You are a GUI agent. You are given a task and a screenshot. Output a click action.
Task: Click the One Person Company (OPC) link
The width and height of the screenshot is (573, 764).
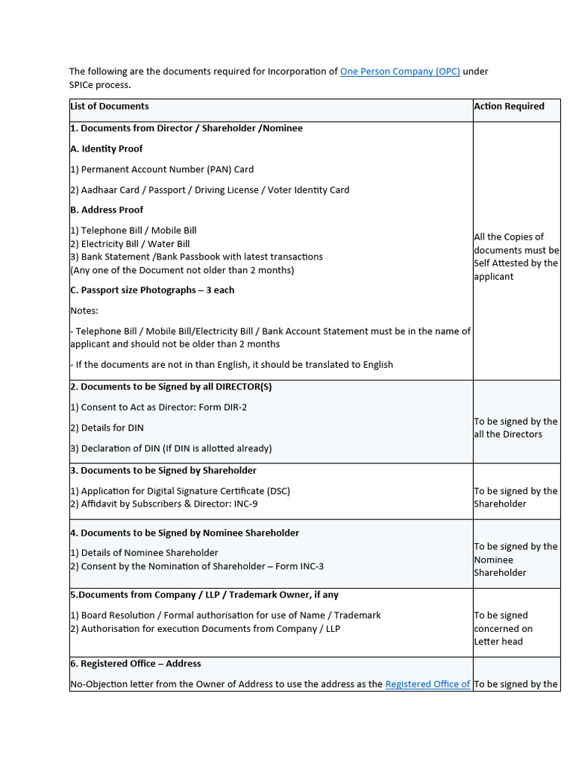400,72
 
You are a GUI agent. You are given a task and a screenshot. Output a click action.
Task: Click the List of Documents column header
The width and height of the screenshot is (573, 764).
110,107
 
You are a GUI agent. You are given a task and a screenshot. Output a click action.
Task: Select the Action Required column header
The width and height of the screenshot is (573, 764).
509,107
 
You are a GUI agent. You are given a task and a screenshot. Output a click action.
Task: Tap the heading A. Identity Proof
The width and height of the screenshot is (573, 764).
107,149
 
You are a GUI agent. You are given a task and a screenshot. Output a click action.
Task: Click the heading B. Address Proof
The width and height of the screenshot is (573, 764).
107,210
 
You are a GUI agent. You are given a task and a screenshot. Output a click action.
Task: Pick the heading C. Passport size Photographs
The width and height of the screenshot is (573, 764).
152,290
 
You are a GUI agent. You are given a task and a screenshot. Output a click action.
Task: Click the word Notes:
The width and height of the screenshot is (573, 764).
84,310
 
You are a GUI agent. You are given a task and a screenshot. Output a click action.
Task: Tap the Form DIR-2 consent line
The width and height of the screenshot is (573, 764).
158,407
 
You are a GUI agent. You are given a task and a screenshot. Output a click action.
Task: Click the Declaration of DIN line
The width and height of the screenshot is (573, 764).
171,448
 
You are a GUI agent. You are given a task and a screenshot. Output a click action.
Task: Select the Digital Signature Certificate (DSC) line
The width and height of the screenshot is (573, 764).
180,491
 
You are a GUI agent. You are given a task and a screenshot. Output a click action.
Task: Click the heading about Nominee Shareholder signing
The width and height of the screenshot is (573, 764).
184,533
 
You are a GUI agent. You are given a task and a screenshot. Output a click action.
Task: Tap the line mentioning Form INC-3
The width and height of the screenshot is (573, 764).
197,566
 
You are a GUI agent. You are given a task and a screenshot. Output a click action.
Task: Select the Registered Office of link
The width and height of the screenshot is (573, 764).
428,684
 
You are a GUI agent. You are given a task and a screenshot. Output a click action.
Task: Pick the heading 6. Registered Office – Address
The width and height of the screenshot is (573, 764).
135,664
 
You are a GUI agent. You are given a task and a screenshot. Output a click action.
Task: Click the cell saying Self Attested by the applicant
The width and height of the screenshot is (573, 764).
516,257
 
